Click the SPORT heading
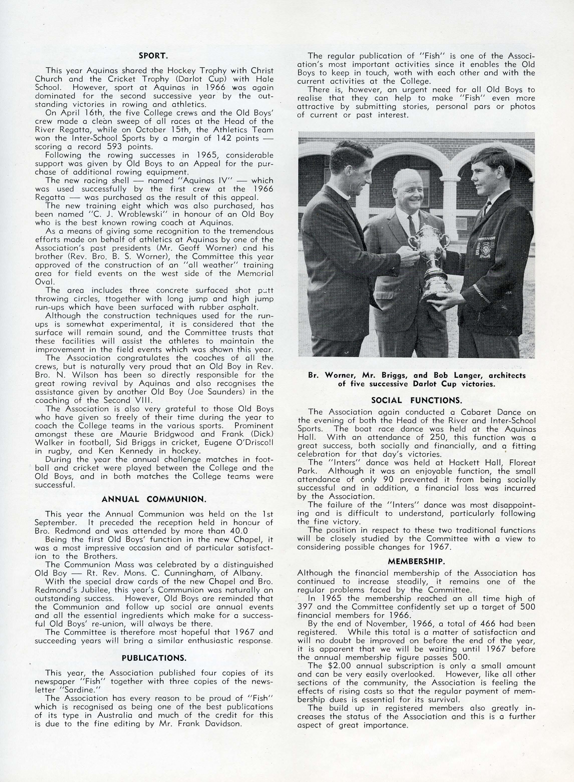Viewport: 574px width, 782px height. [x=154, y=56]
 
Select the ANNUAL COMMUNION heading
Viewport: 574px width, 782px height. [x=154, y=499]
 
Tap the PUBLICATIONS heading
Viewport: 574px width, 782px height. [x=154, y=658]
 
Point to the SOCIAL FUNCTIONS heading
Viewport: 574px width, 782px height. [x=417, y=400]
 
